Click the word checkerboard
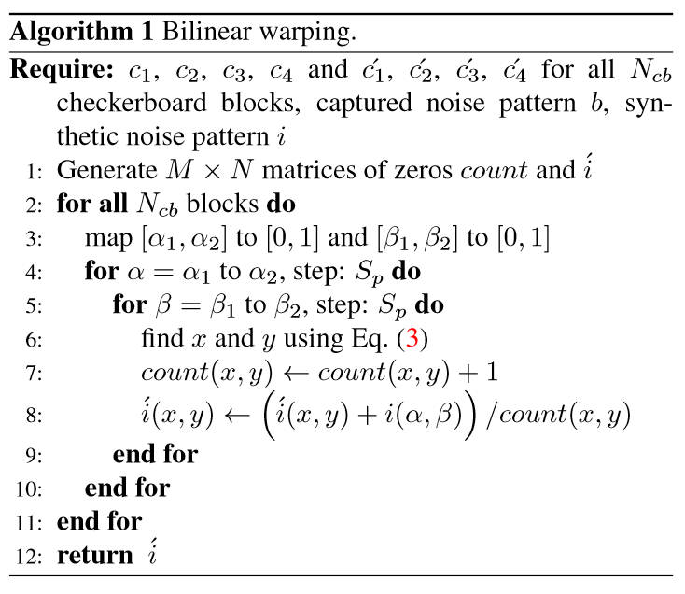[x=132, y=104]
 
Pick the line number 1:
[x=34, y=171]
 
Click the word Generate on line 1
[x=106, y=170]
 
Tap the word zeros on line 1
[x=423, y=171]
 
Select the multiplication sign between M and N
[x=212, y=171]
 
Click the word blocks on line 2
[x=222, y=204]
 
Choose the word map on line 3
[x=108, y=239]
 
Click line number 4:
[x=34, y=273]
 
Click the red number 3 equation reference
[x=412, y=338]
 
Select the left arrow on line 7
[x=296, y=374]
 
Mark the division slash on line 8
[x=491, y=415]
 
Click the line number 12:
[x=29, y=557]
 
